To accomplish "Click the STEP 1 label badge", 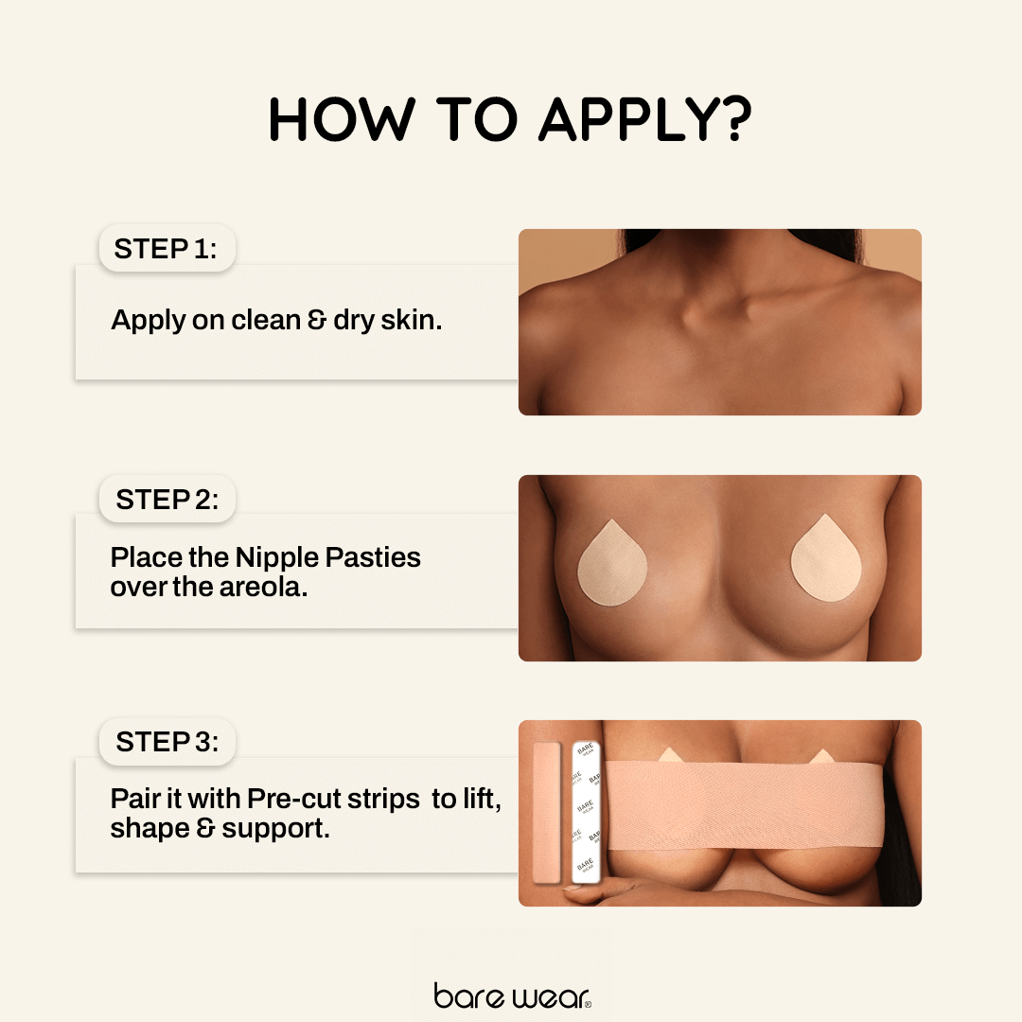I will (x=166, y=249).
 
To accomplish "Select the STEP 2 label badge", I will (x=167, y=499).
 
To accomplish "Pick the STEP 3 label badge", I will (x=167, y=743).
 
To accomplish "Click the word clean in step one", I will (x=265, y=320).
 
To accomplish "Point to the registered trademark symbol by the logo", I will (x=588, y=1004).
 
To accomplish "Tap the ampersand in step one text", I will (x=317, y=320).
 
